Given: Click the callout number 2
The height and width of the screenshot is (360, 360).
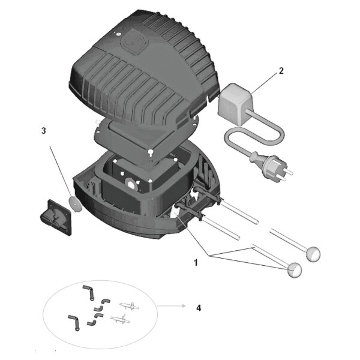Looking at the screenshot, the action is [x=281, y=71].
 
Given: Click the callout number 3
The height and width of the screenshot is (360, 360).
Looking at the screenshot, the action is [x=44, y=131].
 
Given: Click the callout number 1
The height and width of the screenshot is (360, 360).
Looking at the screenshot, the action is [x=196, y=263].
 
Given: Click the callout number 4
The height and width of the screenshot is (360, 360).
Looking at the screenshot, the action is [x=199, y=308].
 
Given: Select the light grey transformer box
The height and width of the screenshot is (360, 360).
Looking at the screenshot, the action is [x=235, y=104].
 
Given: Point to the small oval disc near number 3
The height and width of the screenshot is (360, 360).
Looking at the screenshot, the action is [x=75, y=203].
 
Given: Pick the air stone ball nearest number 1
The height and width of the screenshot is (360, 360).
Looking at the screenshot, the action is [x=295, y=270].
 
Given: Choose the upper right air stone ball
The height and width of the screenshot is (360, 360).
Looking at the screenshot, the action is [x=313, y=254].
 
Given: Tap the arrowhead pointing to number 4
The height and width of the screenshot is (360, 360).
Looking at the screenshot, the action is [x=183, y=306].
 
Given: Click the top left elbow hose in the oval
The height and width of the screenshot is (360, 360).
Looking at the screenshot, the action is [x=88, y=293].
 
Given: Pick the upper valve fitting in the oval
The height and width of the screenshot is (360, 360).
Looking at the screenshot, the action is [x=129, y=305].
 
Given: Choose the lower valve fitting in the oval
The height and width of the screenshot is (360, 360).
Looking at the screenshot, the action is [x=120, y=319].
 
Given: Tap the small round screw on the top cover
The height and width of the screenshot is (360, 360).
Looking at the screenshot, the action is [x=118, y=34].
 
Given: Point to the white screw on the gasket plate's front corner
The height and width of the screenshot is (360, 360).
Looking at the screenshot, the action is [x=151, y=152].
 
